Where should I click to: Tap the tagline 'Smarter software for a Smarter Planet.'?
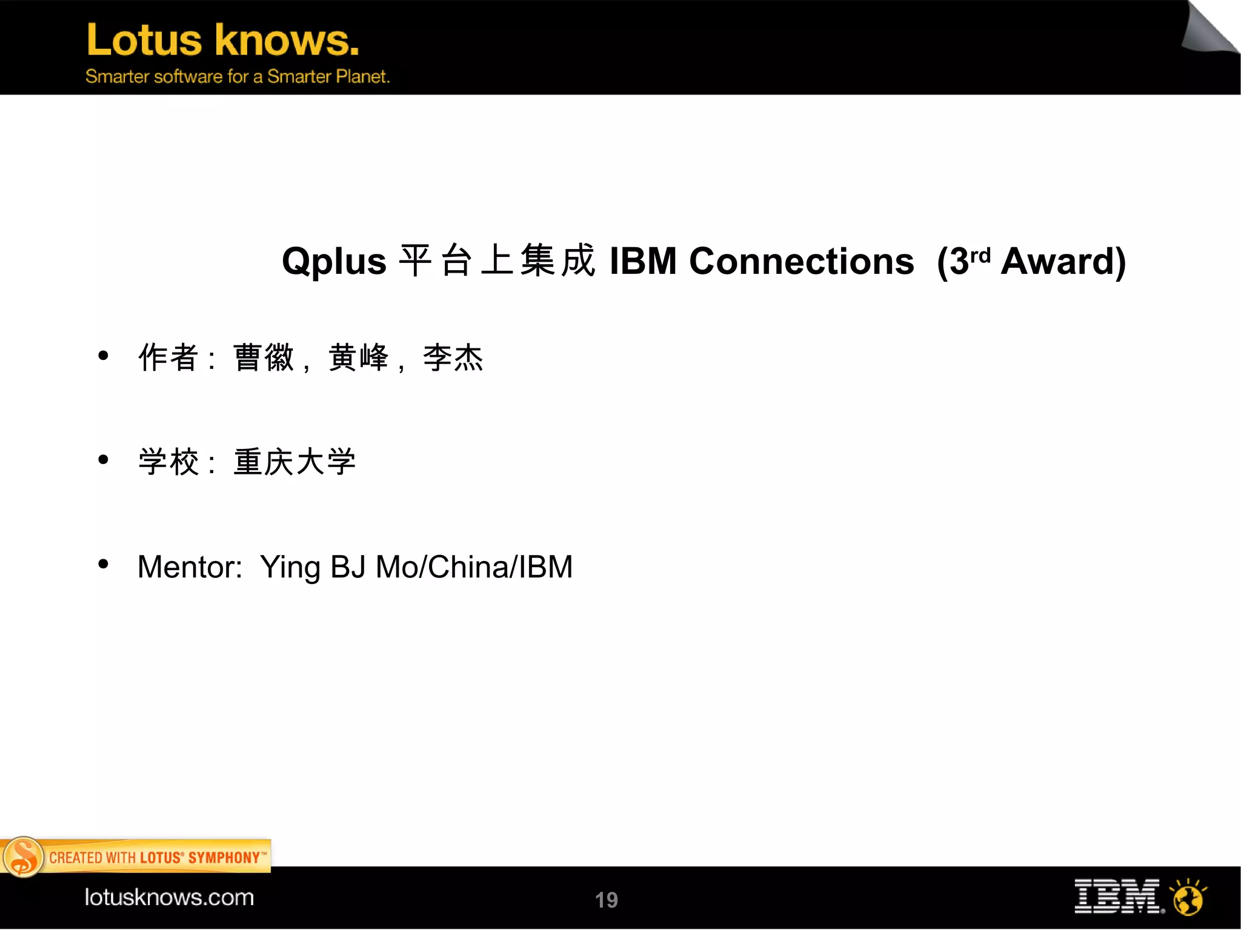click(237, 77)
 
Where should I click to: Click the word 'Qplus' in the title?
click(334, 262)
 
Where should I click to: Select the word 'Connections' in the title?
click(801, 262)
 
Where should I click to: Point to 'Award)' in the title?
click(1063, 262)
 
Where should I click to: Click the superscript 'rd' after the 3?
click(980, 255)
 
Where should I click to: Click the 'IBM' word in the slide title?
click(642, 262)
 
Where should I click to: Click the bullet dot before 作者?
click(103, 356)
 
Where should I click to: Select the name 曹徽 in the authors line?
click(264, 357)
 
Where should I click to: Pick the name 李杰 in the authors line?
click(453, 357)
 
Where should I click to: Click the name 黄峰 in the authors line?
click(358, 357)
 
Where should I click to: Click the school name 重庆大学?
click(294, 462)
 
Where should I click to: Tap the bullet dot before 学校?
click(103, 460)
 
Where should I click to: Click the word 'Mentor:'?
click(190, 568)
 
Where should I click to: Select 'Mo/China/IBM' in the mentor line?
click(474, 568)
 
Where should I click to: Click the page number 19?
click(606, 900)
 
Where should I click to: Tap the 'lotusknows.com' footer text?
click(169, 897)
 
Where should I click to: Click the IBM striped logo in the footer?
click(1117, 896)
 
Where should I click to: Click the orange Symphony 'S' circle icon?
click(23, 857)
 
